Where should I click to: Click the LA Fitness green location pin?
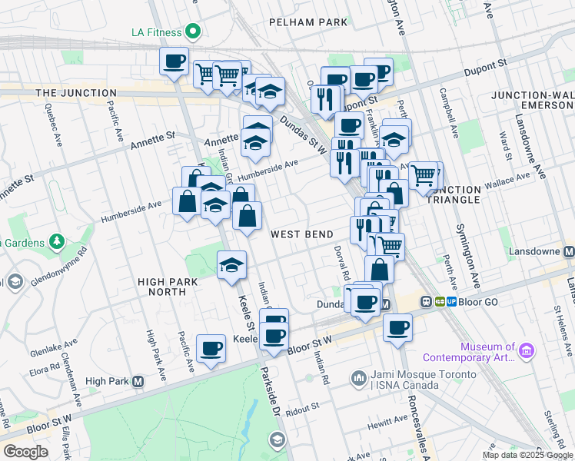click(x=192, y=32)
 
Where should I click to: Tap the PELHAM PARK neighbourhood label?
click(x=308, y=23)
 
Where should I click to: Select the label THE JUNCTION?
click(x=76, y=93)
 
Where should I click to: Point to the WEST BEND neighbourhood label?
click(x=301, y=234)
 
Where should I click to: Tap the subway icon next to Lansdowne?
click(x=568, y=252)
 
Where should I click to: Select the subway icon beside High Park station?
click(x=138, y=381)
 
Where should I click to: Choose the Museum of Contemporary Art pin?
click(x=527, y=351)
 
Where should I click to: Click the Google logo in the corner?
click(x=25, y=452)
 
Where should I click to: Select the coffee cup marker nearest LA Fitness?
click(x=174, y=62)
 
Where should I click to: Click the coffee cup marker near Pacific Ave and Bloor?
click(x=211, y=350)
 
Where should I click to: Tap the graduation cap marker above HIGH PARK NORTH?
click(x=231, y=266)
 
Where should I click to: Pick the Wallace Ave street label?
click(x=512, y=177)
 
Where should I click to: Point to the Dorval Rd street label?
click(x=341, y=262)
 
